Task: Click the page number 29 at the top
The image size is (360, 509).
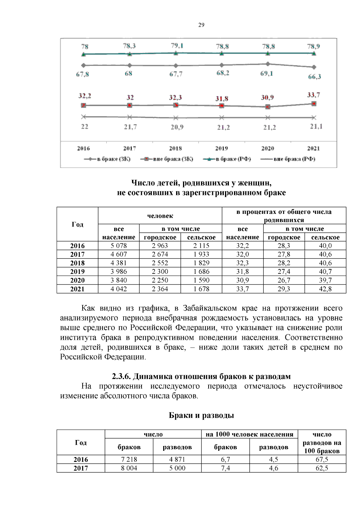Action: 201,25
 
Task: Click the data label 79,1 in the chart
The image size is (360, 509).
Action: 177,46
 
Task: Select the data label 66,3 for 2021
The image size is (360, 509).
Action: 314,77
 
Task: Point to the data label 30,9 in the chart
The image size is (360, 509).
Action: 267,97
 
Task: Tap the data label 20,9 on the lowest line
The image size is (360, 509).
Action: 177,127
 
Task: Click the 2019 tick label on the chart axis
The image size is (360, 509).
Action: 221,148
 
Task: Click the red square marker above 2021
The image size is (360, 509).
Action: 314,104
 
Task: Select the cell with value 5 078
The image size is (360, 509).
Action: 118,246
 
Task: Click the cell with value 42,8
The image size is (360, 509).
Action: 325,289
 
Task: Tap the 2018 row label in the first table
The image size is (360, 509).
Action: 77,263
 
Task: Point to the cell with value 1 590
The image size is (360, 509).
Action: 201,280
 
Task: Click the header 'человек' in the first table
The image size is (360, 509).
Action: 160,216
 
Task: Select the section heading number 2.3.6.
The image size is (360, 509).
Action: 121,376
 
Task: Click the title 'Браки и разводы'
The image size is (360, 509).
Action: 201,415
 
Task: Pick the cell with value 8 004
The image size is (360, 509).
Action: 129,468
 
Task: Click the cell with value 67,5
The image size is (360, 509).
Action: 322,460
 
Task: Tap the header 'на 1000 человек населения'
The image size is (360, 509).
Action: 249,434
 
